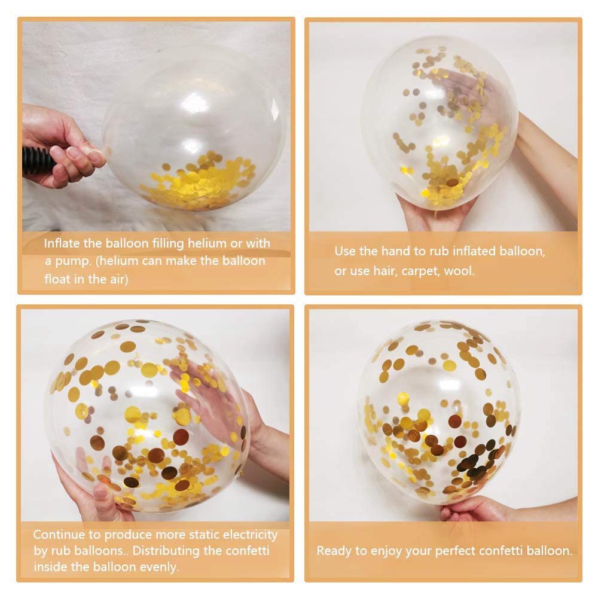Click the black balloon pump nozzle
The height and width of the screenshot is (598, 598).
(x=37, y=160)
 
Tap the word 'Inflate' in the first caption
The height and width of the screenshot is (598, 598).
(x=62, y=243)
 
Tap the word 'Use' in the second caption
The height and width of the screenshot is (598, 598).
(x=345, y=251)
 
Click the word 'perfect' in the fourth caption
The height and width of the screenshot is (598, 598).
(x=455, y=551)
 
